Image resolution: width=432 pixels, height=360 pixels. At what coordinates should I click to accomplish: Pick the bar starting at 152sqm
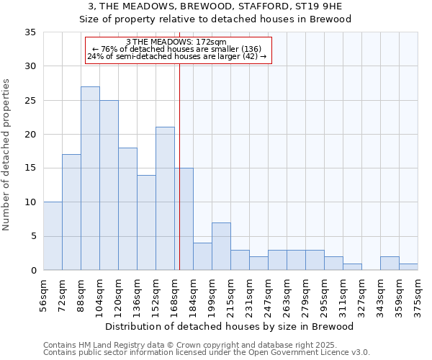pos(165,199)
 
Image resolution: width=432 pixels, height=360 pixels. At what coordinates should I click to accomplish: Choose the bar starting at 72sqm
pos(71,212)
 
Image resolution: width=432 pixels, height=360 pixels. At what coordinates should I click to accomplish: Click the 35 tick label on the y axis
pos(30,32)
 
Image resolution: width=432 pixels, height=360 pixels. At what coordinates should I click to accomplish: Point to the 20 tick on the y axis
pos(30,135)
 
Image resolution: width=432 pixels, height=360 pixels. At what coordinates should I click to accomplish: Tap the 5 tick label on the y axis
pos(32,237)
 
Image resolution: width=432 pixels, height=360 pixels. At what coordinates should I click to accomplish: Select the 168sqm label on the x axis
pos(174,295)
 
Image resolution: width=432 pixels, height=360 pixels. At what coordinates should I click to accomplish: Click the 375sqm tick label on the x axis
pos(418,295)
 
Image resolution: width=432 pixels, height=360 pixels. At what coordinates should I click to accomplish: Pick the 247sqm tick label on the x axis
pos(268,295)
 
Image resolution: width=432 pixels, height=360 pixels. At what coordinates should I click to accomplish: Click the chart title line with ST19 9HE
pos(215,6)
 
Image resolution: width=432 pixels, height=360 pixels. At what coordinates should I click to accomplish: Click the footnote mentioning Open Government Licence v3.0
pos(206,352)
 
